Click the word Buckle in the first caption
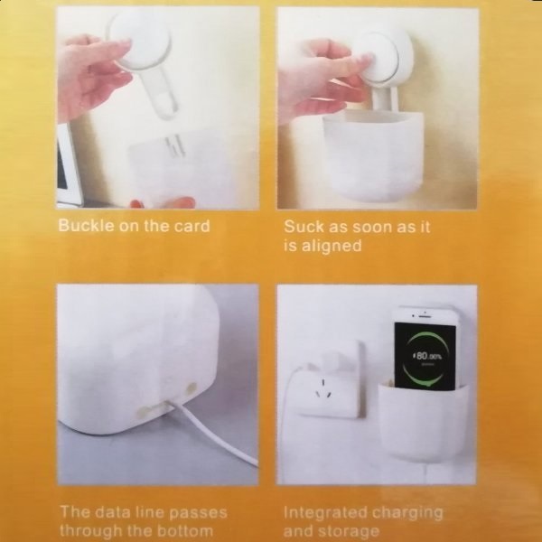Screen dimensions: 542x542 [87, 225]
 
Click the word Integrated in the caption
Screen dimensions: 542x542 [323, 513]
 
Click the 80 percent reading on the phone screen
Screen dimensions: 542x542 [427, 356]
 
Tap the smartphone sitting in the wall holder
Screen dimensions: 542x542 [425, 348]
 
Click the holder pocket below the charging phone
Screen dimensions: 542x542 [423, 423]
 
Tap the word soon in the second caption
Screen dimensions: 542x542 [369, 228]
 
